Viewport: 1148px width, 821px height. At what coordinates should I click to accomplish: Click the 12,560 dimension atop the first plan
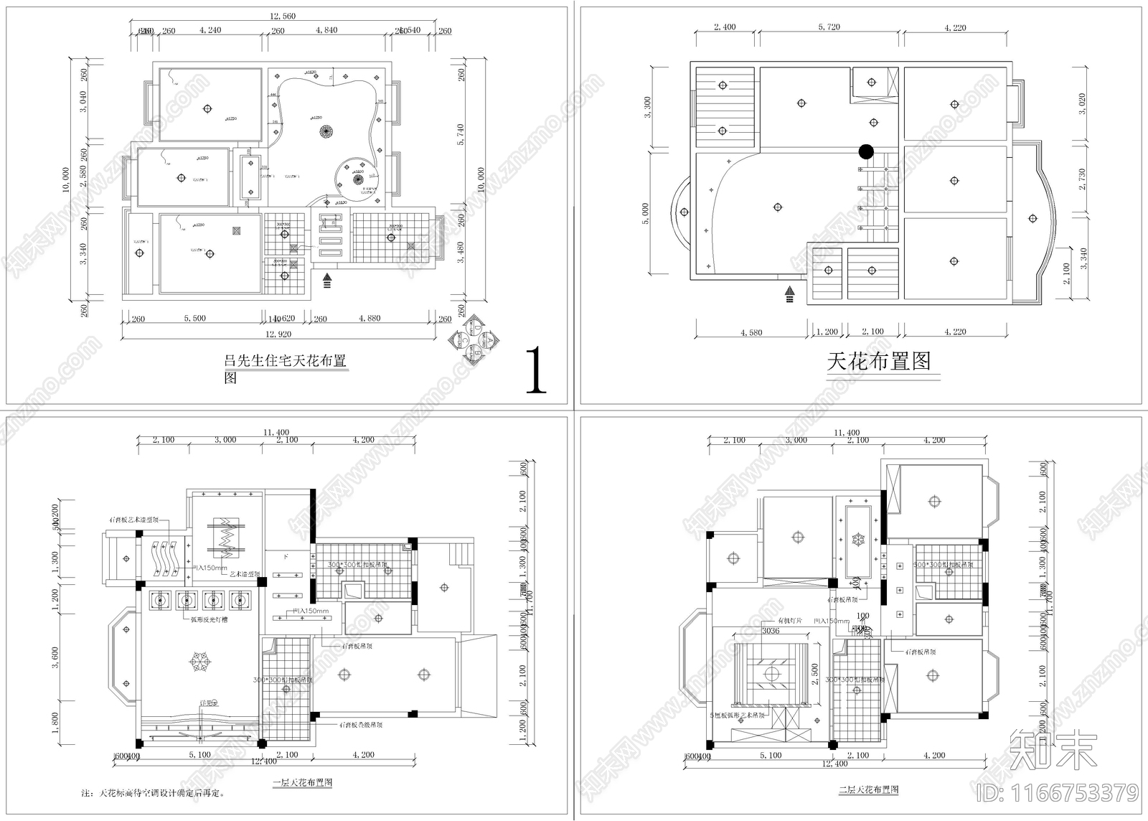tap(282, 16)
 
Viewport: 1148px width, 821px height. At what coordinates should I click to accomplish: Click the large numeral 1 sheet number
tap(535, 371)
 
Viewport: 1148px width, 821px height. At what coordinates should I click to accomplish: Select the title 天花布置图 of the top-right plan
tap(879, 361)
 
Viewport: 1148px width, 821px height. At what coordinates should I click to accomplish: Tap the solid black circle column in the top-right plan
tap(866, 151)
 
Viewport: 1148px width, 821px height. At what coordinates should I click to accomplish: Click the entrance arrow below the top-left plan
tap(327, 280)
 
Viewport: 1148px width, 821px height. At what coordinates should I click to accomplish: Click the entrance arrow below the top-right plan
tap(790, 294)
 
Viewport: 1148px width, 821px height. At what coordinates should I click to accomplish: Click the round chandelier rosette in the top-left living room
tap(326, 131)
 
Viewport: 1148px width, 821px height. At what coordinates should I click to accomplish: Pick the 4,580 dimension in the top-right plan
tap(751, 332)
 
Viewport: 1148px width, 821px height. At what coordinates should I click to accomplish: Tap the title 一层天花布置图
tap(301, 782)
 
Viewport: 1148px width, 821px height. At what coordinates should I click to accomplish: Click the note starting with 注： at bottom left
tap(153, 794)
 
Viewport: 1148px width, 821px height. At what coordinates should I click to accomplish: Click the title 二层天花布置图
tap(868, 789)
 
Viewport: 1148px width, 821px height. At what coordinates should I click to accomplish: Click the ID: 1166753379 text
tap(1058, 792)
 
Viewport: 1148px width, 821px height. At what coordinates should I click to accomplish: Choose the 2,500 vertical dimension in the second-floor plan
tap(814, 673)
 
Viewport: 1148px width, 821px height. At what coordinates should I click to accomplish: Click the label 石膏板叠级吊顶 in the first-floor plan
tap(361, 725)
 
